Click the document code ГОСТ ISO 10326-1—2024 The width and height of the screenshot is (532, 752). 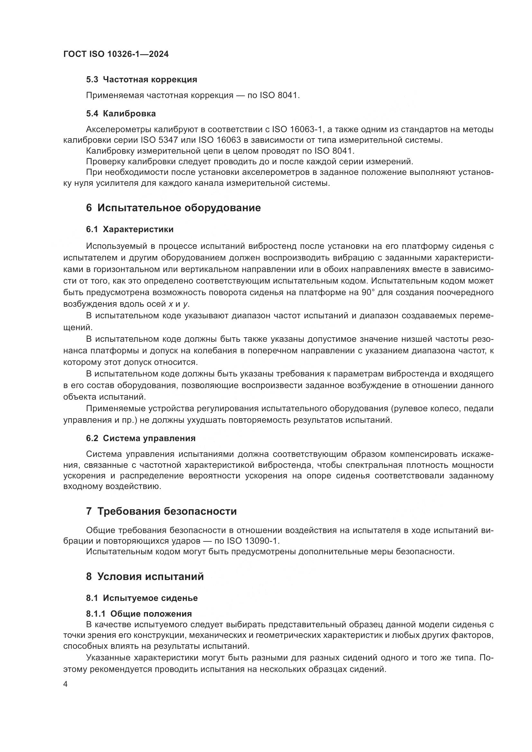[x=116, y=54]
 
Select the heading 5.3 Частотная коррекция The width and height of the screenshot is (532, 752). [x=142, y=79]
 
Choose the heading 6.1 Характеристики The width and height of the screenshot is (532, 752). [x=130, y=229]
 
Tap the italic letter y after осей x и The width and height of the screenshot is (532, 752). [x=185, y=304]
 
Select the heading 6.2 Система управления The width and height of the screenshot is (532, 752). [x=141, y=438]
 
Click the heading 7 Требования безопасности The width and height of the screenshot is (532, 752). [x=161, y=511]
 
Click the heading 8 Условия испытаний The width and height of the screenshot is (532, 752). [x=145, y=576]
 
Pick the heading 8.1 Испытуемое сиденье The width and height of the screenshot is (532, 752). [x=142, y=598]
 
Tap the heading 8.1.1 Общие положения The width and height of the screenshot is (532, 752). [x=139, y=613]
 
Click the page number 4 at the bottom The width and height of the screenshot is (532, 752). [x=66, y=684]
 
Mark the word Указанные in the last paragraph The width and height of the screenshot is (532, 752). [x=108, y=658]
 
